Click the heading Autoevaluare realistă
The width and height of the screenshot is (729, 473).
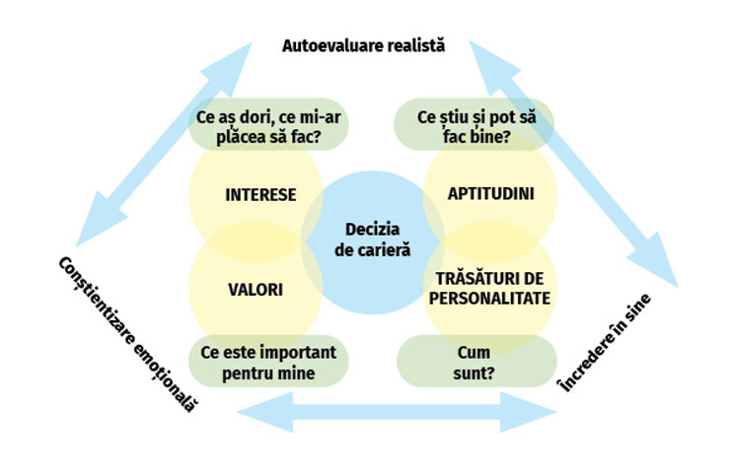(364, 45)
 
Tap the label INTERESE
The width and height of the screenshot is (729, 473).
(260, 194)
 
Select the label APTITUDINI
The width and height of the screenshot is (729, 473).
(490, 193)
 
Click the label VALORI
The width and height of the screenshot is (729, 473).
(255, 290)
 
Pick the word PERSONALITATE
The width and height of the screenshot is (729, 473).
(490, 297)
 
